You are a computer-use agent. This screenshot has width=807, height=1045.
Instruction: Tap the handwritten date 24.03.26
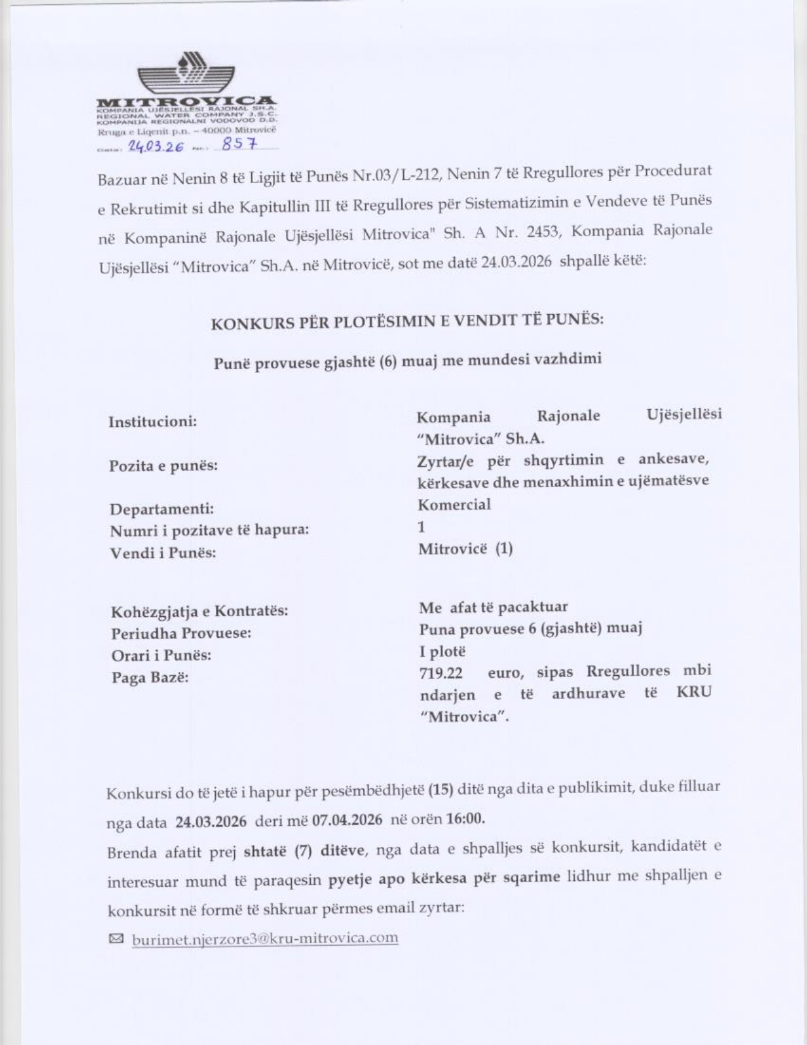pyautogui.click(x=156, y=146)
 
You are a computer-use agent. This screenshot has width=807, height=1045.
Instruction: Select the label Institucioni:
pyautogui.click(x=153, y=422)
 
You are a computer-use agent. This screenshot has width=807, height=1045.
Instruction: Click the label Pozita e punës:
pyautogui.click(x=163, y=466)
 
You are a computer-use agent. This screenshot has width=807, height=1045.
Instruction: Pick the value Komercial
pyautogui.click(x=454, y=505)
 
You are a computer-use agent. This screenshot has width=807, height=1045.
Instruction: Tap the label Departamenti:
pyautogui.click(x=161, y=509)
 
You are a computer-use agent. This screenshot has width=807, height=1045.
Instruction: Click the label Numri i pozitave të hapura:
pyautogui.click(x=210, y=530)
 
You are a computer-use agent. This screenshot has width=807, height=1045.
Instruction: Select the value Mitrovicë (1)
pyautogui.click(x=465, y=548)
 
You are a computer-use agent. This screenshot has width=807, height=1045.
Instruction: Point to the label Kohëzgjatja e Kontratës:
pyautogui.click(x=199, y=612)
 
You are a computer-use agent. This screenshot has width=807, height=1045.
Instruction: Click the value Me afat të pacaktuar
pyautogui.click(x=493, y=607)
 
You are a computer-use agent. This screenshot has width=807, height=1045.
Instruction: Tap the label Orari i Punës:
pyautogui.click(x=161, y=655)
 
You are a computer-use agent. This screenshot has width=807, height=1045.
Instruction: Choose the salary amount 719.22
pyautogui.click(x=441, y=673)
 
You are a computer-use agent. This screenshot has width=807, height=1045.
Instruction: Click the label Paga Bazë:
pyautogui.click(x=150, y=678)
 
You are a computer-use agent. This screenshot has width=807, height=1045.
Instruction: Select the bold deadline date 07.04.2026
pyautogui.click(x=347, y=820)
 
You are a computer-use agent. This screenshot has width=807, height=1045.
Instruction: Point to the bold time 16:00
pyautogui.click(x=465, y=818)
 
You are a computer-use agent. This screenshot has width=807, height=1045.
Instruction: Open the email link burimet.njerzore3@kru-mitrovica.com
pyautogui.click(x=265, y=938)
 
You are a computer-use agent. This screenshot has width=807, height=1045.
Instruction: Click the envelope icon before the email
pyautogui.click(x=116, y=939)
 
